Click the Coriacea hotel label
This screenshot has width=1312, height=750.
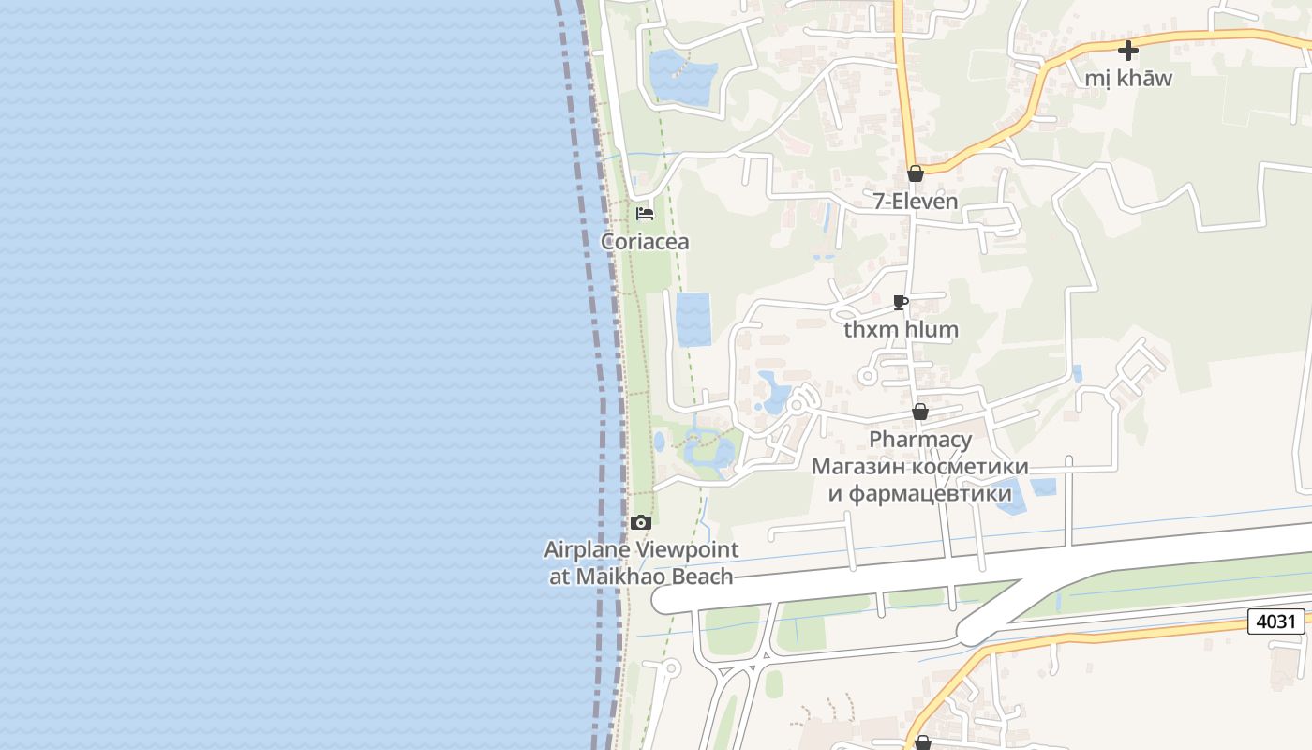click(x=645, y=242)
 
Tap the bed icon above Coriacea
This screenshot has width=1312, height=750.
click(x=644, y=214)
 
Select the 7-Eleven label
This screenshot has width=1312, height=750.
click(x=916, y=201)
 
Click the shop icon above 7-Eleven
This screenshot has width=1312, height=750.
click(x=916, y=173)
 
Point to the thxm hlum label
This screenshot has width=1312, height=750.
click(x=901, y=329)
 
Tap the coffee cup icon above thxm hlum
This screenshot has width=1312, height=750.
click(x=901, y=302)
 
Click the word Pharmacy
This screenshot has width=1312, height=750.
click(x=919, y=440)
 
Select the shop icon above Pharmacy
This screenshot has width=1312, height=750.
click(x=920, y=412)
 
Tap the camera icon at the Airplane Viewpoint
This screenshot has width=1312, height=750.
click(x=641, y=523)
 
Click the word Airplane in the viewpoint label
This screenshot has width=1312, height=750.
click(x=588, y=550)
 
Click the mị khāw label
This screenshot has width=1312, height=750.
click(x=1128, y=78)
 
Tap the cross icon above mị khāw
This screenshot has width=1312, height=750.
click(x=1128, y=51)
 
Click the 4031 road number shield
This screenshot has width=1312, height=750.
click(x=1275, y=622)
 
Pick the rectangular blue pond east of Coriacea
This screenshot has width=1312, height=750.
click(x=693, y=319)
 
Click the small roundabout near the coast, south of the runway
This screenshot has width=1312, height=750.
click(x=670, y=669)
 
